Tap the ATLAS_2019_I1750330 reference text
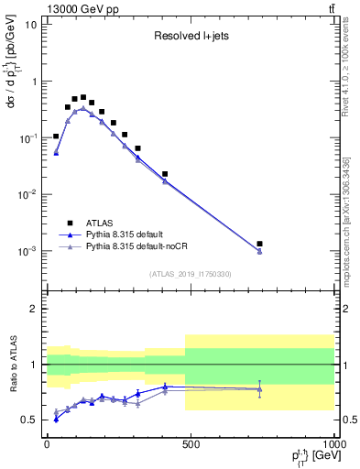pyautogui.click(x=190, y=274)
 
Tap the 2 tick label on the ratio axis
pyautogui.click(x=34, y=309)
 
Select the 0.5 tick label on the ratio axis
pyautogui.click(x=29, y=420)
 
